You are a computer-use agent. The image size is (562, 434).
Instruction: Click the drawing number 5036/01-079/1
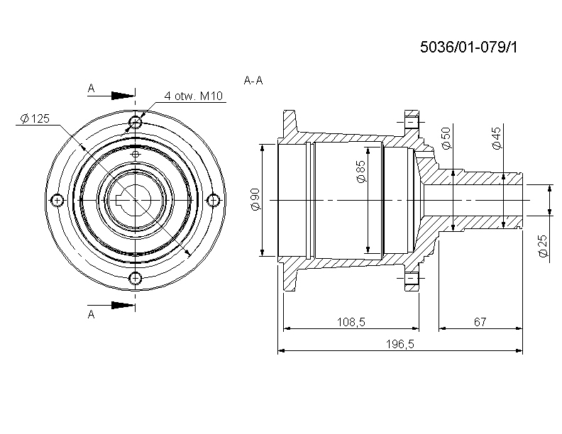tap(469, 47)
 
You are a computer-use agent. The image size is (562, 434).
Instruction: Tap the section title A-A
tap(253, 81)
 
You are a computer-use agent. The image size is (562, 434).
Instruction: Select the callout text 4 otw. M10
tap(194, 96)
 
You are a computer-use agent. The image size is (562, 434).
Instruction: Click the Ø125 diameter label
tap(35, 118)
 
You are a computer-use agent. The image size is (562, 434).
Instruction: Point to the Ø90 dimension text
tap(256, 200)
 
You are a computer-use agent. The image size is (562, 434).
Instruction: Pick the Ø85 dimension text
tap(361, 171)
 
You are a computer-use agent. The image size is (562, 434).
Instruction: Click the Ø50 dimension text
tap(446, 138)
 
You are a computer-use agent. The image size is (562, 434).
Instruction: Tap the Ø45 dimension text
tap(497, 138)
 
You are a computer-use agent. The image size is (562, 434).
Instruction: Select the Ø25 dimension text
tap(543, 246)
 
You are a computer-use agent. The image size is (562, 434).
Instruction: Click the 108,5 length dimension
tap(351, 322)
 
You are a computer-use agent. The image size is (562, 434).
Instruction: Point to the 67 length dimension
tap(480, 322)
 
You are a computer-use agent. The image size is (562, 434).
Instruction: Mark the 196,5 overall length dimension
tap(400, 344)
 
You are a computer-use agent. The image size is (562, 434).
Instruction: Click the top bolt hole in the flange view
tap(135, 122)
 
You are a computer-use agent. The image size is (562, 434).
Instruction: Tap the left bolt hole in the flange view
tap(57, 200)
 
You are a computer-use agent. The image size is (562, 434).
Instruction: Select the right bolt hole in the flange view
tap(214, 200)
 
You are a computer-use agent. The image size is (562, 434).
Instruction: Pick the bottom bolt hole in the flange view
tap(135, 278)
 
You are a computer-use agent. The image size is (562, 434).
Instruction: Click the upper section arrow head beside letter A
tap(123, 96)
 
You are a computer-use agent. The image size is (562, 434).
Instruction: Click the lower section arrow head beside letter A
tap(123, 305)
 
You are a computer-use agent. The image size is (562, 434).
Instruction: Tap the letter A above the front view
tap(92, 88)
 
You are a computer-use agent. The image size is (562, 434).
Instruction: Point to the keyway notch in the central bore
tap(121, 200)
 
